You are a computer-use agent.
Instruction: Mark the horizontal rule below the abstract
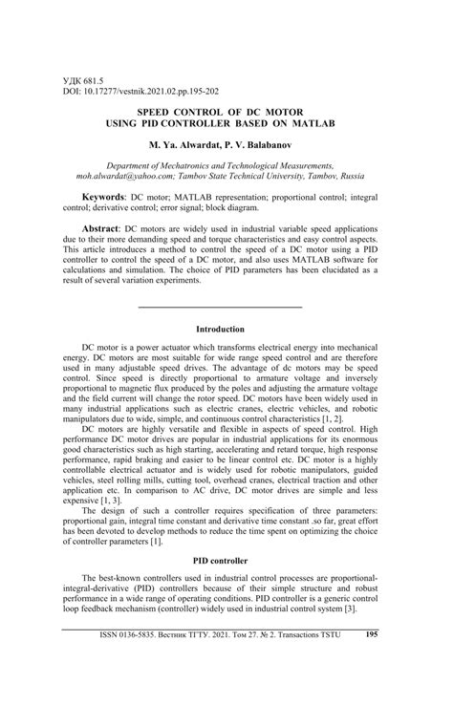tap(221, 307)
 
